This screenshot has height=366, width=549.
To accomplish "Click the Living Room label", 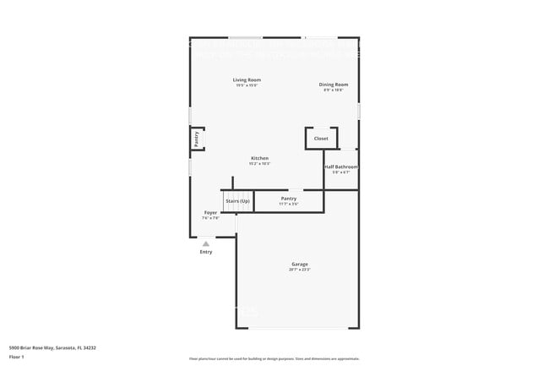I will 247,80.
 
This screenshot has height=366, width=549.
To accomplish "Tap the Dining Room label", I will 333,85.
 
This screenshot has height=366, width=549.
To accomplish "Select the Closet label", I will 321,139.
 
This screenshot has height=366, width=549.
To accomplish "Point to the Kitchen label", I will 259,158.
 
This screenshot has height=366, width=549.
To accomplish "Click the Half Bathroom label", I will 341,167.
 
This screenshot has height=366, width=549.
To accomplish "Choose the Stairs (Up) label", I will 237,201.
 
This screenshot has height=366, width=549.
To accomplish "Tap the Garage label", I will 300,264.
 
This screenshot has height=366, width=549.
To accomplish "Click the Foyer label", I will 210,212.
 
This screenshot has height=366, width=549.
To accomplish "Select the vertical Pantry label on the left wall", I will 197,139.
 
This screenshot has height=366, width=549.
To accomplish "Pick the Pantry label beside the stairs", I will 289,199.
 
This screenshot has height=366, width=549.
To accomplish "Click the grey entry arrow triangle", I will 205,243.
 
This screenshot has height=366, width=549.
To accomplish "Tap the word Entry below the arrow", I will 205,252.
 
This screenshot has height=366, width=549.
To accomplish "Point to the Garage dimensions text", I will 300,270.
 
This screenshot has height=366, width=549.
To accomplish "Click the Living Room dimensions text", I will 247,85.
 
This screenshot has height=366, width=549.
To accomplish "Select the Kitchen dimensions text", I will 259,164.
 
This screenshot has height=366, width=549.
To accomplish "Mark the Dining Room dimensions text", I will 333,90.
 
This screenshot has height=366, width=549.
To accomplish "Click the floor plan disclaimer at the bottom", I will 274,358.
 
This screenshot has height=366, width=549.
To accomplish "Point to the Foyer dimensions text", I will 210,218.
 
